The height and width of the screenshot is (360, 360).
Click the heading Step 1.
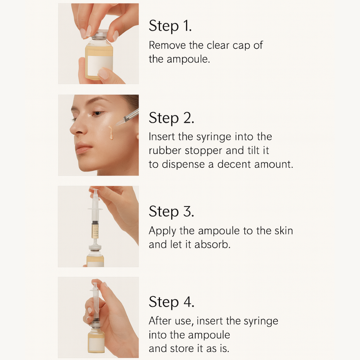[x=170, y=26]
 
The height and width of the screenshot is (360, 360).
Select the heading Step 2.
[x=171, y=118]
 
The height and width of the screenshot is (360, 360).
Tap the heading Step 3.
[x=171, y=211]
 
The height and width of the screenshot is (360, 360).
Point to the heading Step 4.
[x=171, y=302]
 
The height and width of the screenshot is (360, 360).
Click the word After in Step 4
[x=160, y=321]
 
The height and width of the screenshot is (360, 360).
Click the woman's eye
[x=97, y=113]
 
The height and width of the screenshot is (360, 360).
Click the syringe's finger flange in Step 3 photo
[x=95, y=209]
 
